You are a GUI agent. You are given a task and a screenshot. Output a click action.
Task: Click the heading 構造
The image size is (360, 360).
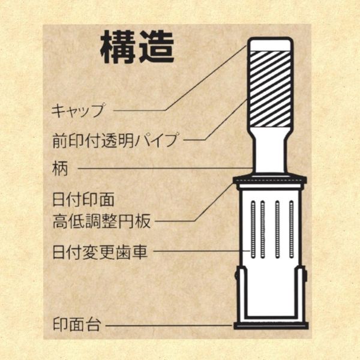[137, 47]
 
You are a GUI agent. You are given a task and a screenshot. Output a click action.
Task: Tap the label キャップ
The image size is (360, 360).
[78, 110]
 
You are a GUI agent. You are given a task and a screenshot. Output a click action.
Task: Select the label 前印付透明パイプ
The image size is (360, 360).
[115, 140]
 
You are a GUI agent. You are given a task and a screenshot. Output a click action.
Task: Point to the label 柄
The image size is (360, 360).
[60, 169]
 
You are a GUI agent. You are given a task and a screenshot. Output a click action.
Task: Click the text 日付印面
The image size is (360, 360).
[83, 199]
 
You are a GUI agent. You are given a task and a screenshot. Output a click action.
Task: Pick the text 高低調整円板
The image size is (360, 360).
[101, 221]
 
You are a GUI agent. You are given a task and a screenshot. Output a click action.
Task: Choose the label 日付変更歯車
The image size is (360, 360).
[100, 251]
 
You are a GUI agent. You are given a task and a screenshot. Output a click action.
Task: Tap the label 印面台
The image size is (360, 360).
[77, 325]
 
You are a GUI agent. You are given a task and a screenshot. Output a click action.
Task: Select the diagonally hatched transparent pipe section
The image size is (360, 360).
[271, 89]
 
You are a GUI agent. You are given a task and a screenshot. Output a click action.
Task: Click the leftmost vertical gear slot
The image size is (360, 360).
[253, 229]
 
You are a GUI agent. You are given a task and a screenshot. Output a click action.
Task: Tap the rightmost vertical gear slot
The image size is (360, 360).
[292, 229]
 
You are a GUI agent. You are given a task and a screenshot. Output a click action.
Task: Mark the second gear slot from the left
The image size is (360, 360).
[263, 229]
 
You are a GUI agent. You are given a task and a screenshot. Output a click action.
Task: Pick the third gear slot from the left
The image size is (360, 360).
[277, 229]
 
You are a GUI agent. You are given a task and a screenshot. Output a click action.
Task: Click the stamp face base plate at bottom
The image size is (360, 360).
[271, 326]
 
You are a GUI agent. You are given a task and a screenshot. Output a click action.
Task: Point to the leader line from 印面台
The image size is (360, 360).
[169, 325]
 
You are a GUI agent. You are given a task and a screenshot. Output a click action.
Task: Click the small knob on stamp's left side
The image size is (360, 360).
[236, 275]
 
